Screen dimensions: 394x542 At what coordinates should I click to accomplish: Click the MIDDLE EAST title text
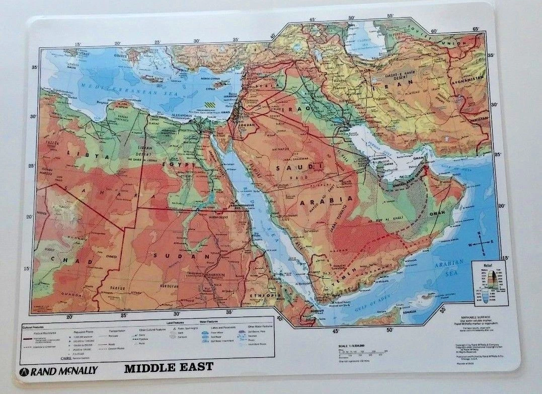click(169, 366)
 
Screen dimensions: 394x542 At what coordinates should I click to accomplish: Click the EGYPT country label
click(179, 164)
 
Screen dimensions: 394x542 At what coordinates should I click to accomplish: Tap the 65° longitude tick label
click(475, 29)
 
